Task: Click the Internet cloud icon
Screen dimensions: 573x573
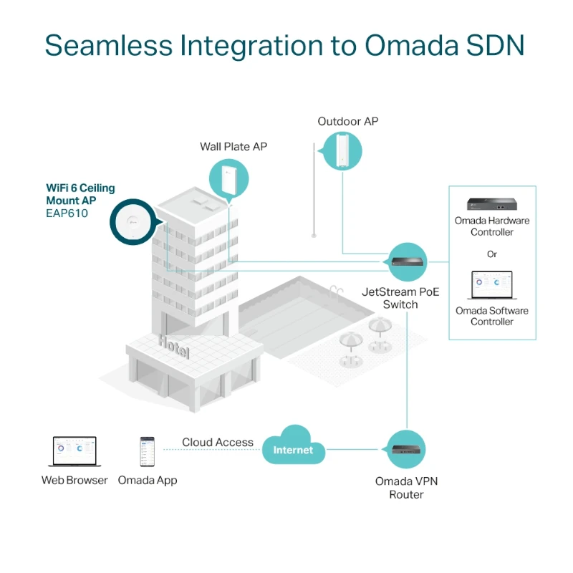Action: pyautogui.click(x=293, y=448)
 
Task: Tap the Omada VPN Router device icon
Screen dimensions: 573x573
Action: pyautogui.click(x=407, y=450)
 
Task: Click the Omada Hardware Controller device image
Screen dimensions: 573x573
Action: pyautogui.click(x=491, y=203)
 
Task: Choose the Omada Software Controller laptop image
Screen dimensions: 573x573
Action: pyautogui.click(x=491, y=285)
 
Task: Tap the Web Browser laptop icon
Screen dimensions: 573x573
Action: pyautogui.click(x=74, y=452)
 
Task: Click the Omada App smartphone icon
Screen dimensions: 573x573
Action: pyautogui.click(x=147, y=452)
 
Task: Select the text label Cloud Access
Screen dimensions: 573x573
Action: pyautogui.click(x=217, y=443)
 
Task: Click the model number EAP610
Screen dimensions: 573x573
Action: pyautogui.click(x=67, y=213)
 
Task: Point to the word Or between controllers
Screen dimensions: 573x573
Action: pyautogui.click(x=491, y=254)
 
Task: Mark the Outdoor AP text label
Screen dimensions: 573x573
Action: pyautogui.click(x=347, y=122)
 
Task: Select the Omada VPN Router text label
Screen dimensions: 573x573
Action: pyautogui.click(x=406, y=488)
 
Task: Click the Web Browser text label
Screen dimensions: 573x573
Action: pyautogui.click(x=74, y=481)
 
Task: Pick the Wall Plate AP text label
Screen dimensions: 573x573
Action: pyautogui.click(x=233, y=147)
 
